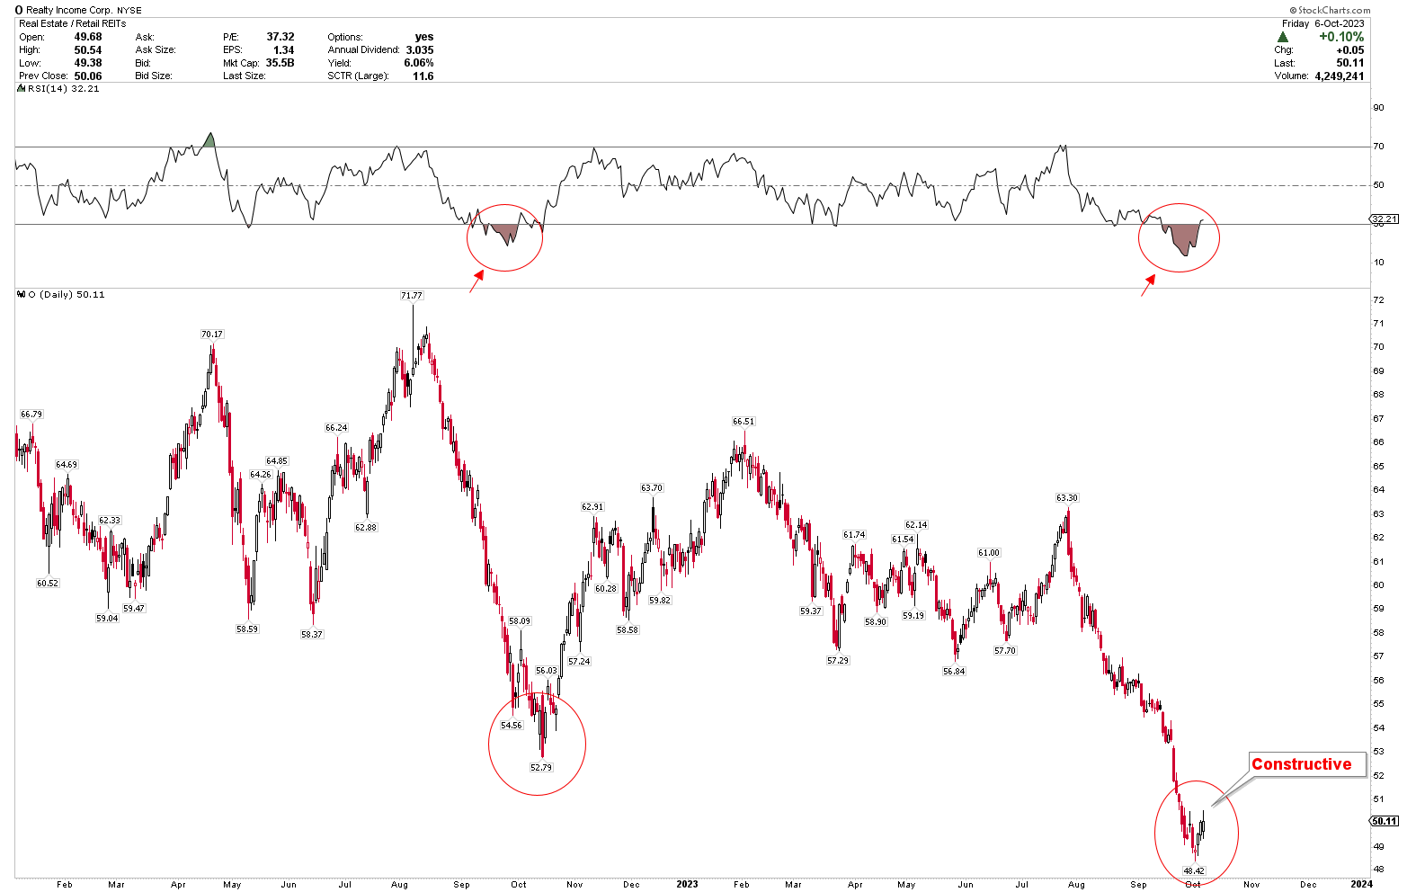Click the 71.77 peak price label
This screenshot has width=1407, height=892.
tap(412, 295)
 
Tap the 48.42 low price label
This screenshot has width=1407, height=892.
tap(1193, 870)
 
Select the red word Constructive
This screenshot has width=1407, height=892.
tap(1301, 764)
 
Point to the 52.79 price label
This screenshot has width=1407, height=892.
tap(541, 767)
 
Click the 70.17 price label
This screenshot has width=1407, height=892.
tap(211, 334)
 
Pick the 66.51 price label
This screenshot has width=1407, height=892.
tap(744, 421)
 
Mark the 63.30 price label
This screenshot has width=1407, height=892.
tap(1066, 497)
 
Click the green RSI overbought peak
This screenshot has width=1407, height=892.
tap(209, 140)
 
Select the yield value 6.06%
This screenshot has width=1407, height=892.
tap(419, 63)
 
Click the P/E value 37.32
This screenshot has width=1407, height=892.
tap(281, 37)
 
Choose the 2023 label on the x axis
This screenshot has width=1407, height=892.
tap(686, 884)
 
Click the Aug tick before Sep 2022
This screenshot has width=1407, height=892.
tap(400, 884)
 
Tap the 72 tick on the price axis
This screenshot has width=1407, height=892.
tap(1378, 299)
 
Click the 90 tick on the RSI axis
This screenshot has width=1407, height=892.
tap(1378, 108)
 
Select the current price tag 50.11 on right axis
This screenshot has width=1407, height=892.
tap(1384, 821)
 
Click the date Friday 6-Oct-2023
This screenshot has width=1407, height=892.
tap(1322, 23)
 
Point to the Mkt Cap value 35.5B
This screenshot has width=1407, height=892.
tap(280, 63)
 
